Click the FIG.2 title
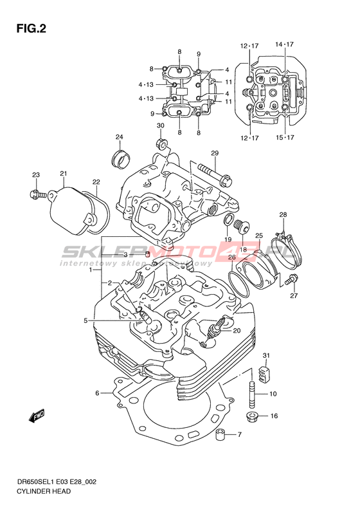(31, 29)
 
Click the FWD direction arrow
(37, 416)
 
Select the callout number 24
(120, 137)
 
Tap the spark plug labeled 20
(213, 329)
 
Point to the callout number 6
(97, 393)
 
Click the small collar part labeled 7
(221, 434)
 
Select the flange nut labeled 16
(251, 417)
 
